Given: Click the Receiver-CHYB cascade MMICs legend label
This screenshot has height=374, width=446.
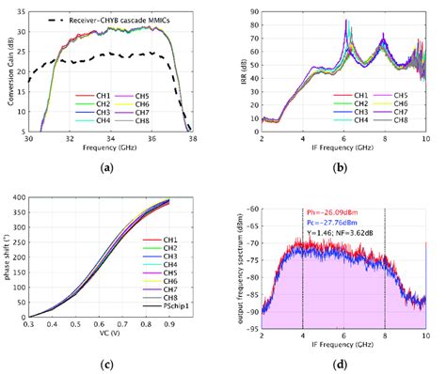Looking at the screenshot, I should [x=124, y=19].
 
